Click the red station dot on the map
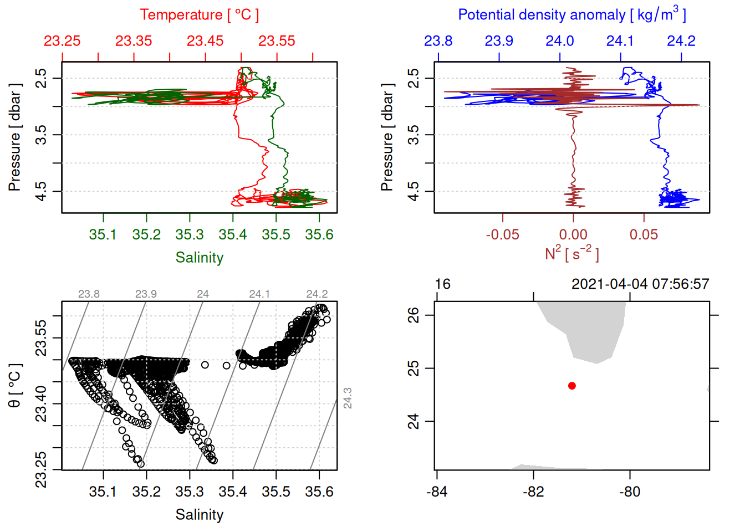tap(572, 386)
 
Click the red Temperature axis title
tap(199, 15)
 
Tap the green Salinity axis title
tap(199, 258)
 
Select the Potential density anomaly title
tap(571, 15)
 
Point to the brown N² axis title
tap(571, 253)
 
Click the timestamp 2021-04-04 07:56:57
tap(640, 284)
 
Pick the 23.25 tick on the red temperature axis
tap(62, 41)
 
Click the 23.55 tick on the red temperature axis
tap(277, 41)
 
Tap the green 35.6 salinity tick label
tap(319, 235)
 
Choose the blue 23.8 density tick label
tap(438, 41)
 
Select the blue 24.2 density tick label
tap(681, 41)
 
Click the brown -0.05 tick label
tap(503, 235)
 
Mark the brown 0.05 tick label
tap(644, 235)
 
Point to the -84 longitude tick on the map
tap(437, 492)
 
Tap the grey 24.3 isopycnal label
tap(348, 398)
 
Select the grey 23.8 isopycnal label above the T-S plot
tap(89, 294)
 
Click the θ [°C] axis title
tap(14, 386)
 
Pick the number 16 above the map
tap(442, 284)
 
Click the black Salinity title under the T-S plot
tap(199, 515)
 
